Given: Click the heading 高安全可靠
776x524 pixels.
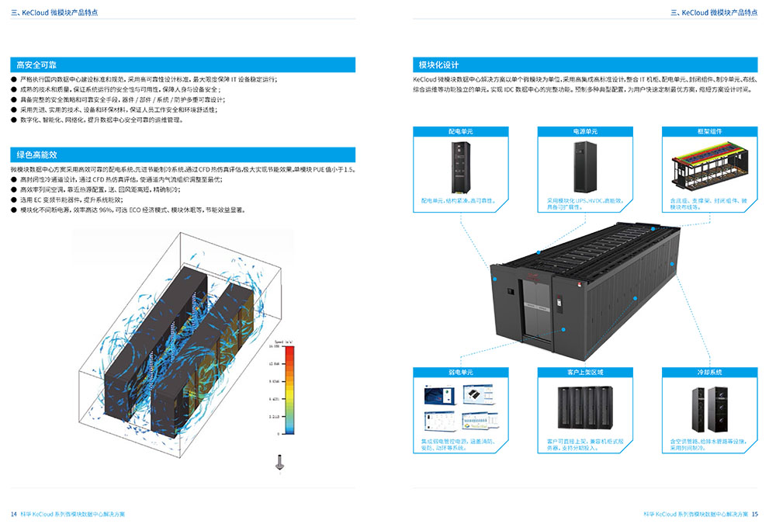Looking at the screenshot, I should coord(27,65).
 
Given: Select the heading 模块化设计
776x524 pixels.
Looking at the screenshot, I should coord(438,65).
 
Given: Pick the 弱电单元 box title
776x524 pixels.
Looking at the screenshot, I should coord(460,373).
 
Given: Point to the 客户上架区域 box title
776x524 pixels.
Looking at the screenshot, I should coord(584,373).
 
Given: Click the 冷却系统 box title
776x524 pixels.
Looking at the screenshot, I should coord(710,373).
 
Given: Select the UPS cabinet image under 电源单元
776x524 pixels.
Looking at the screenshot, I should coord(584,166).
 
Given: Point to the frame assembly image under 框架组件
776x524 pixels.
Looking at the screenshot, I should coord(708,165).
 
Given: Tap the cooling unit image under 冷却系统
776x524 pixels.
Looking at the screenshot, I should coord(708,409).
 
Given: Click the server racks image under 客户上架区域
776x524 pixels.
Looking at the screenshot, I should coord(584,409).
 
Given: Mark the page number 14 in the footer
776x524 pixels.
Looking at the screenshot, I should coord(13,514).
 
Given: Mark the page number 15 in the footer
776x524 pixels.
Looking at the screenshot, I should coord(755,514).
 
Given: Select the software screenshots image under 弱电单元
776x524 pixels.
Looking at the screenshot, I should coord(459,409).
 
